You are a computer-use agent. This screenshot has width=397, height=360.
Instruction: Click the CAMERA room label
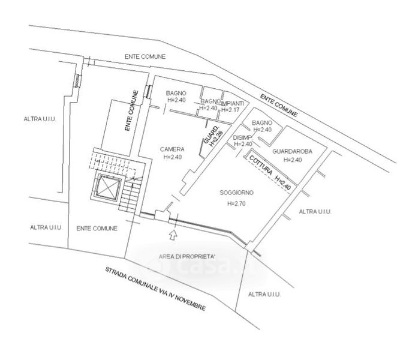pyautogui.click(x=172, y=149)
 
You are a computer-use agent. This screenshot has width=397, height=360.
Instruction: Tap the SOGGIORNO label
pyautogui.click(x=236, y=193)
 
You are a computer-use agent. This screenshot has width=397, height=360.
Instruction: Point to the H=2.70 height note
pyautogui.click(x=236, y=204)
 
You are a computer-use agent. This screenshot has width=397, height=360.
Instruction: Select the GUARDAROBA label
pyautogui.click(x=291, y=152)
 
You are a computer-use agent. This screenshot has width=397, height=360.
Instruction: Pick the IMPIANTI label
pyautogui.click(x=232, y=102)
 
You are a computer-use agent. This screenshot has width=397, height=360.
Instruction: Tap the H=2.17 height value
pyautogui.click(x=231, y=109)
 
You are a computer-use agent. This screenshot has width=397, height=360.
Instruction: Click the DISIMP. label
pyautogui.click(x=243, y=137)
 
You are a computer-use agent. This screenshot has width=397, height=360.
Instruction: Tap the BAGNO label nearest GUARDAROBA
pyautogui.click(x=262, y=122)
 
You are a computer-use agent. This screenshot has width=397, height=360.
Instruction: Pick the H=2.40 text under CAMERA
pyautogui.click(x=172, y=157)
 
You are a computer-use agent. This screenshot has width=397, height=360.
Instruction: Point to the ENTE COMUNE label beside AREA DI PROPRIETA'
pyautogui.click(x=97, y=228)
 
